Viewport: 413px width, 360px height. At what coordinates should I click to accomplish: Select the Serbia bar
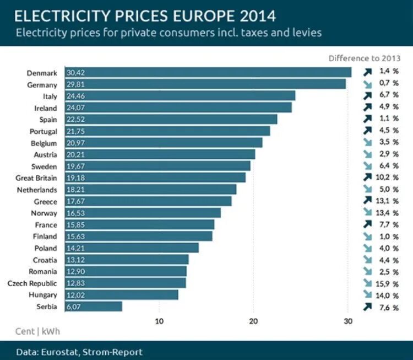94,307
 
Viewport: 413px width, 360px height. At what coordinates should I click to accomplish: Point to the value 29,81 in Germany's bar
76,85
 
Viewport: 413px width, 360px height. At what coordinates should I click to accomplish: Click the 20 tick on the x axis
253,322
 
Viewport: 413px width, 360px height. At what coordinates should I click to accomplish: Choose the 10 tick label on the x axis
159,322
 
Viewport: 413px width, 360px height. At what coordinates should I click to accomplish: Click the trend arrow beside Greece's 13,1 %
368,201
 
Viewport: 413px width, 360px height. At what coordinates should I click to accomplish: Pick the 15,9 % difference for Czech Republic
388,283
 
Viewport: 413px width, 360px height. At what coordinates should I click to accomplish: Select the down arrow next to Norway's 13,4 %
368,213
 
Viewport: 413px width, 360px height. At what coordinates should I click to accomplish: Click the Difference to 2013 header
364,58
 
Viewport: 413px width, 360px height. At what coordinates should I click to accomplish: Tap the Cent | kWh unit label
37,331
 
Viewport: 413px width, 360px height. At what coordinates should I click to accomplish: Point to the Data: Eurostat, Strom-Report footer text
79,352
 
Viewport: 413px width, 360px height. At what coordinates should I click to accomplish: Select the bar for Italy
180,96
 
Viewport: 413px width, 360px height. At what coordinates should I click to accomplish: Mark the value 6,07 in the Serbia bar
74,307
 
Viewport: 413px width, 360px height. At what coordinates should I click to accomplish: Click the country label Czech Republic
32,283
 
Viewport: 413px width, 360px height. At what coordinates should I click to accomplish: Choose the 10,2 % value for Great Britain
388,178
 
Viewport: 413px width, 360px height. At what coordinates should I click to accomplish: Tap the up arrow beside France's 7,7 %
368,224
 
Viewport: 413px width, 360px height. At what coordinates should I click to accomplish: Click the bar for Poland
132,248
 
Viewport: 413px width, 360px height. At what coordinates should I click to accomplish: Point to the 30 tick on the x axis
347,322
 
